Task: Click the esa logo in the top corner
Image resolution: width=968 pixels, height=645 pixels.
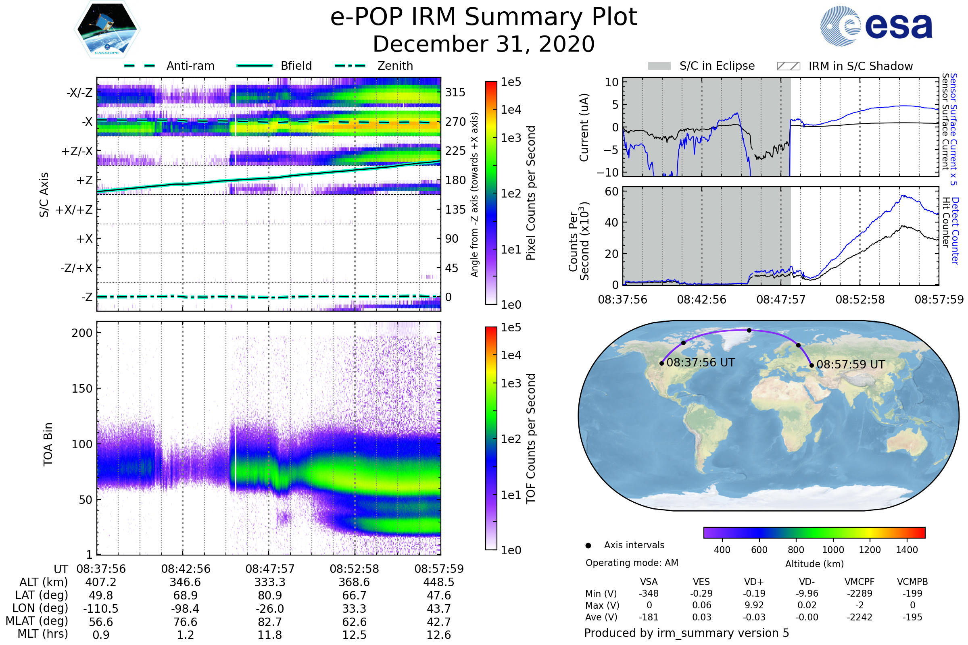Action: (876, 26)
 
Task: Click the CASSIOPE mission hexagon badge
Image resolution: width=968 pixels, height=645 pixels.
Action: (107, 29)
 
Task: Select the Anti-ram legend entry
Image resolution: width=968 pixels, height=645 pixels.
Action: (169, 66)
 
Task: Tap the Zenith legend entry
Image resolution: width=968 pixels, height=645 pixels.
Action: (374, 66)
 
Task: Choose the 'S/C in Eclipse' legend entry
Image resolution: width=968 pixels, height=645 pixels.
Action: (701, 66)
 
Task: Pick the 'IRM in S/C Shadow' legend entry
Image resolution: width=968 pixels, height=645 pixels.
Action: (845, 66)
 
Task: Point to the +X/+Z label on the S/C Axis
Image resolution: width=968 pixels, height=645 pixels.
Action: (74, 210)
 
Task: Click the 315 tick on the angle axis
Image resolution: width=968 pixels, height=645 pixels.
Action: (455, 92)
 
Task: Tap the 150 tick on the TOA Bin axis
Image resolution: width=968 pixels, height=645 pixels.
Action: (82, 389)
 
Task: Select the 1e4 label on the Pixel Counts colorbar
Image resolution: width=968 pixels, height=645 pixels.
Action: (511, 110)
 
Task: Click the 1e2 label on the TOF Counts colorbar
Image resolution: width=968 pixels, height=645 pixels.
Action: (511, 439)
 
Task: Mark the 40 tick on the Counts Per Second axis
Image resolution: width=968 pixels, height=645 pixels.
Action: (611, 223)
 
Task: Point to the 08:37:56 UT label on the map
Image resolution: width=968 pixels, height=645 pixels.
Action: (701, 362)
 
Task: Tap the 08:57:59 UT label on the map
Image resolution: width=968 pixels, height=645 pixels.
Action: (851, 364)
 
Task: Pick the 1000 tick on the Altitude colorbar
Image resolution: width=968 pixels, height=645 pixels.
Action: (833, 550)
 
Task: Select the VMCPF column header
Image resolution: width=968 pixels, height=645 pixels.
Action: (860, 582)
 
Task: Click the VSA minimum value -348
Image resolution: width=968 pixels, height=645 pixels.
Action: (649, 593)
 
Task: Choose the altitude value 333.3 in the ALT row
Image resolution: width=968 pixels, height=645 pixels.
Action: (270, 583)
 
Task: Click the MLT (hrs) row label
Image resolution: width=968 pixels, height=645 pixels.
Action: (43, 634)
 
